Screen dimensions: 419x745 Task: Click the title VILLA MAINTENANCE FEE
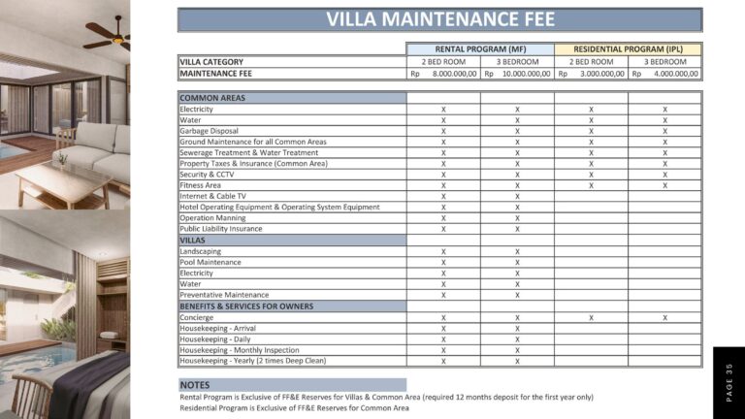439,19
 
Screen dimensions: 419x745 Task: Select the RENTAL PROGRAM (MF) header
480,48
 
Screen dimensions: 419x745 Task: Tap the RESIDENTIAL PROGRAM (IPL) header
628,48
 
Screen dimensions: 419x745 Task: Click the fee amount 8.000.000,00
450,73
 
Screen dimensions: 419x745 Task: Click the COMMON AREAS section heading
212,98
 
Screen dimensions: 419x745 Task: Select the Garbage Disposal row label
209,131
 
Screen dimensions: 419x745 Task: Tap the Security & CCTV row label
207,175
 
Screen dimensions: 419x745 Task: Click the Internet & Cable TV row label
212,196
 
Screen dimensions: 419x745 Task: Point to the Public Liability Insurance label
220,229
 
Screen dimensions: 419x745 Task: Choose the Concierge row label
197,317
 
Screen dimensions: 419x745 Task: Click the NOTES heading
195,385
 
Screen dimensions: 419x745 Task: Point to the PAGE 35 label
729,382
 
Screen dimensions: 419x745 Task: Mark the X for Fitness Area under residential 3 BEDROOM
664,185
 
